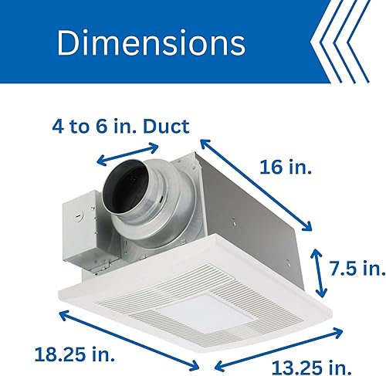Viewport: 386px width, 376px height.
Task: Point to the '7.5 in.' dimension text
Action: [x=356, y=268]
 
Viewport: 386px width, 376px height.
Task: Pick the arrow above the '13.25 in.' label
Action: [x=279, y=344]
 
